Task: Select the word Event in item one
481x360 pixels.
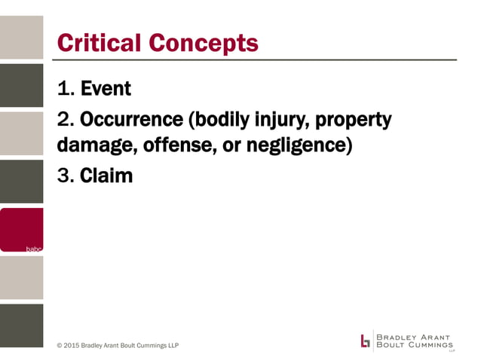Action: coord(106,89)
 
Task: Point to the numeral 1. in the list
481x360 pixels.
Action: coord(66,89)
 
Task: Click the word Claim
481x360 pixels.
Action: coord(106,176)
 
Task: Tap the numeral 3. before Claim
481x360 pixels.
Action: coord(66,176)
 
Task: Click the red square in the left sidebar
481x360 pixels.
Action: coord(22,229)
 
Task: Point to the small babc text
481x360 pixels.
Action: coord(35,247)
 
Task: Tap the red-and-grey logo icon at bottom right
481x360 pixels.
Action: coord(366,340)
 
